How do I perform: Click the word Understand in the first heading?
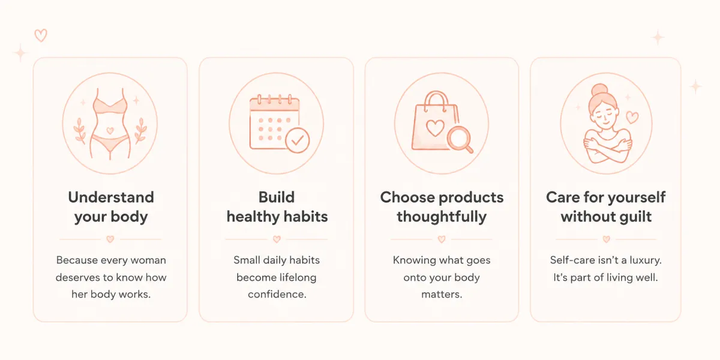[111, 197]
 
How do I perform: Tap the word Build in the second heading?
[277, 197]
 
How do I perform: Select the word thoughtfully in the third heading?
[442, 217]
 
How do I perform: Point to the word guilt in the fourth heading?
[633, 217]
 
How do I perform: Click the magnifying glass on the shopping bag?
[460, 139]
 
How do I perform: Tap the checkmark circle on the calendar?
[298, 140]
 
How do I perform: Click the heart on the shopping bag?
[435, 128]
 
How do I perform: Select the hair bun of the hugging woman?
[600, 90]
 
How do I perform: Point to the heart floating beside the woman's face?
[632, 118]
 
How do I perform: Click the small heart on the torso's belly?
[110, 131]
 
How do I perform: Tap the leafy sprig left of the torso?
[80, 130]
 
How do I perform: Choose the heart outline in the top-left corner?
[41, 35]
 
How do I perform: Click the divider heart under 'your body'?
[110, 239]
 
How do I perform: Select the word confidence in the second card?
[277, 294]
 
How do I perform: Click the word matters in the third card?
[442, 294]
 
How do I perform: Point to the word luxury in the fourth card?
[644, 260]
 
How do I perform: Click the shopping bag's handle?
[436, 100]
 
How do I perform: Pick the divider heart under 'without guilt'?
[606, 239]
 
